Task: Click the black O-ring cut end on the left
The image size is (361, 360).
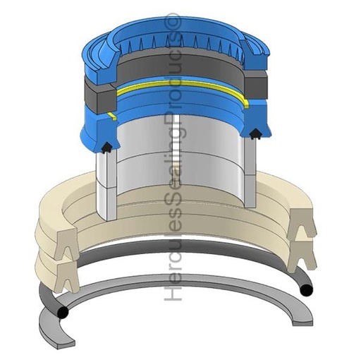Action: [63, 312]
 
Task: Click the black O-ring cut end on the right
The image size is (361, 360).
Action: [307, 290]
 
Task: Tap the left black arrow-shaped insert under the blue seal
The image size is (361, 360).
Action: [107, 148]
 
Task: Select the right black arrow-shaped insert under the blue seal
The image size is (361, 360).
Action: [255, 134]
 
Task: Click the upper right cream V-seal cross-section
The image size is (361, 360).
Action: [301, 224]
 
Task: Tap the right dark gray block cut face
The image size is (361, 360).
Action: [256, 86]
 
